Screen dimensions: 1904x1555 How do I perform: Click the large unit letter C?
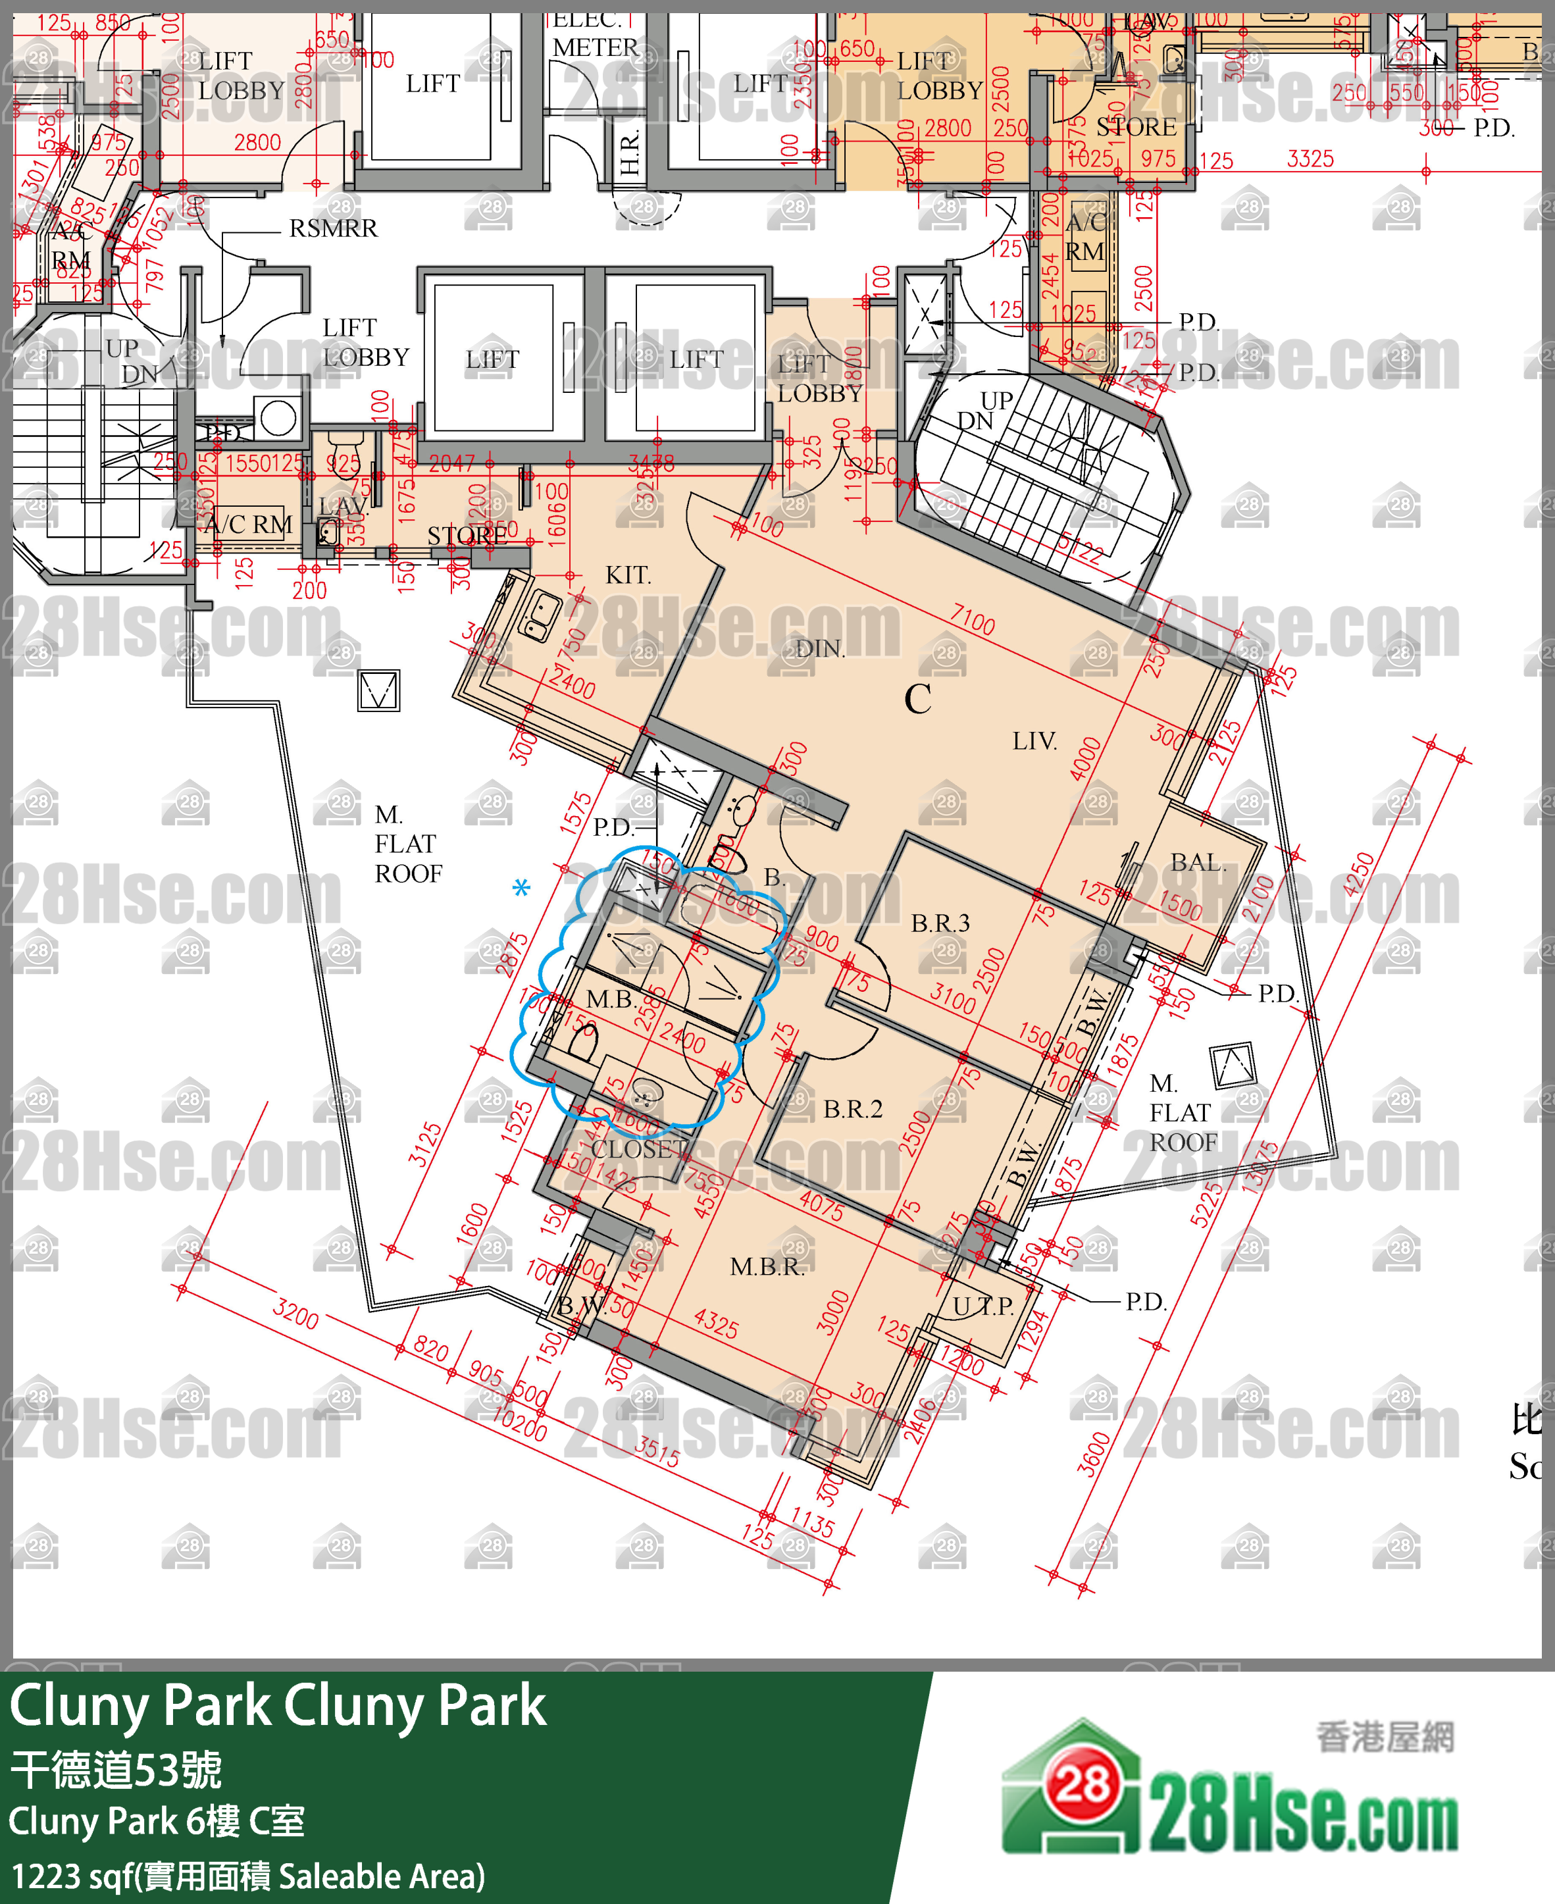pyautogui.click(x=917, y=700)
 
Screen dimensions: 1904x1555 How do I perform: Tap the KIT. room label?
pyautogui.click(x=627, y=575)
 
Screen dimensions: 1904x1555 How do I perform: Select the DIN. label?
pyautogui.click(x=819, y=649)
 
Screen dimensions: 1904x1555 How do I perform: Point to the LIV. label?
pyautogui.click(x=1034, y=741)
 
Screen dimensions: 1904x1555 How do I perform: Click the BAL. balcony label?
pyautogui.click(x=1198, y=863)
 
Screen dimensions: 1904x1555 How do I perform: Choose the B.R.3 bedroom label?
pyautogui.click(x=940, y=923)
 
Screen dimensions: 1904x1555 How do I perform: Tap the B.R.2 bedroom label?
pyautogui.click(x=853, y=1109)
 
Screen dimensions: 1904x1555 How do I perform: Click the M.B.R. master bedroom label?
pyautogui.click(x=767, y=1267)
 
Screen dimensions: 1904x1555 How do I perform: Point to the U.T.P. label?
pyautogui.click(x=982, y=1306)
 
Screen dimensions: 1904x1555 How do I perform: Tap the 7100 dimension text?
pyautogui.click(x=972, y=619)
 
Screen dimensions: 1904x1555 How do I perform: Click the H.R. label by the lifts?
pyautogui.click(x=630, y=152)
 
